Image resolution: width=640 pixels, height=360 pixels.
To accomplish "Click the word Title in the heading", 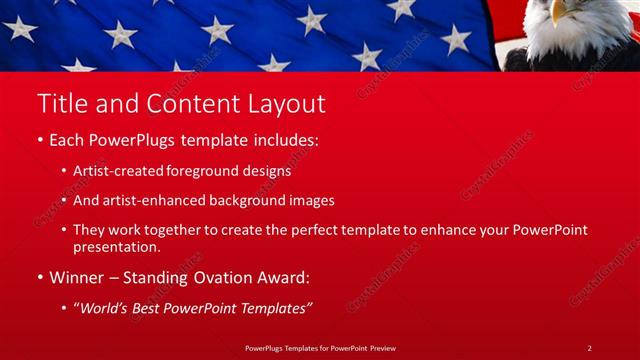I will coord(59,103).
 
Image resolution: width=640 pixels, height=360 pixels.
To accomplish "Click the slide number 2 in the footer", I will coord(590,347).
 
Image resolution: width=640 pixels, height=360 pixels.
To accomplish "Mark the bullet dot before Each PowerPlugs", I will coord(40,141).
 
